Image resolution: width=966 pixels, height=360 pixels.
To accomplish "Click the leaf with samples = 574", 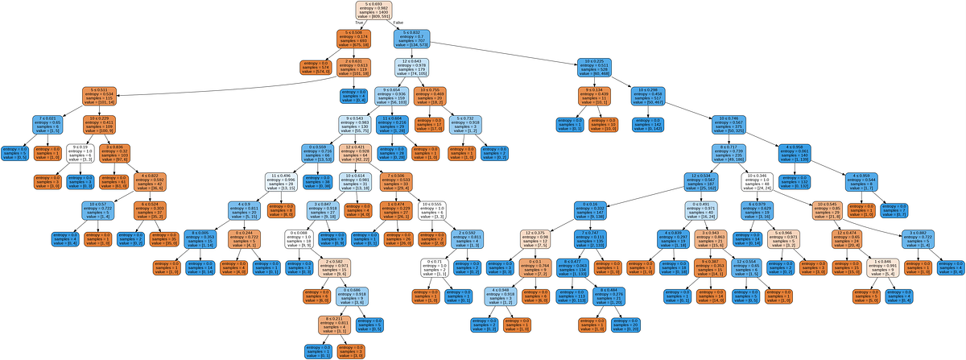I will [315, 67].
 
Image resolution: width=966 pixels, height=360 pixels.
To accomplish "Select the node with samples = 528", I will [594, 67].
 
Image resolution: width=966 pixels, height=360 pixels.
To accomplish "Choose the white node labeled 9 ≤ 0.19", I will [76, 154].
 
